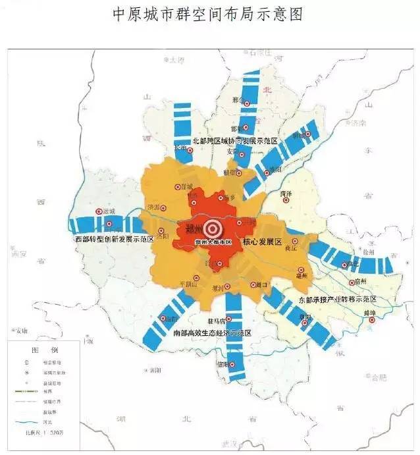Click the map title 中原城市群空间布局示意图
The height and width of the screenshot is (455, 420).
[x=209, y=14]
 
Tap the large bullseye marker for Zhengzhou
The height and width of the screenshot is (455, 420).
[x=212, y=229]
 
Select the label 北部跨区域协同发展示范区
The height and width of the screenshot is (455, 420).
[x=236, y=142]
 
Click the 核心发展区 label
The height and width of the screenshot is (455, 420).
[x=263, y=242]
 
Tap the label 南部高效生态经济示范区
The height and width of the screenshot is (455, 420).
[x=213, y=334]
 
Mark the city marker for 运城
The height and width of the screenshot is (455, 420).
[x=97, y=212]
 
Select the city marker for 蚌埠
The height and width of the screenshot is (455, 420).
[x=371, y=320]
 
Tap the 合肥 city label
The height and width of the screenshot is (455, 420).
[x=378, y=377]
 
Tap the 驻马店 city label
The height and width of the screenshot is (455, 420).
[x=217, y=321]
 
